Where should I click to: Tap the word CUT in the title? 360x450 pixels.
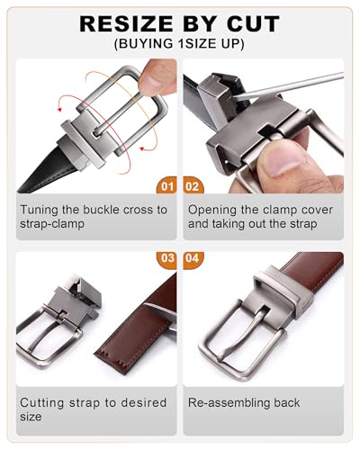point(253,24)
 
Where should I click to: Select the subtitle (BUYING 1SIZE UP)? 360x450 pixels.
point(179,44)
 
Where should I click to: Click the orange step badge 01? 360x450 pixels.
point(166,186)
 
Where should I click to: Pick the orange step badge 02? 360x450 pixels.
point(193,186)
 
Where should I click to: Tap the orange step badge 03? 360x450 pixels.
point(166,258)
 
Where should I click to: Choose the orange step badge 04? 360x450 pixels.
point(193,258)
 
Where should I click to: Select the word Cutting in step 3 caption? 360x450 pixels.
point(42,403)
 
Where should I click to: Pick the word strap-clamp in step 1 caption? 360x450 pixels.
point(52,224)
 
